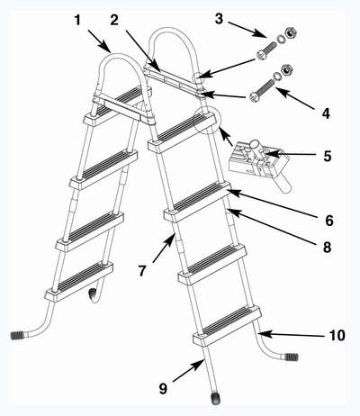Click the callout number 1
(77, 21)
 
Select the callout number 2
(114, 20)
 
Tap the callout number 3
(219, 19)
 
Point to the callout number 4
(326, 113)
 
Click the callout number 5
(328, 156)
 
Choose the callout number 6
(329, 221)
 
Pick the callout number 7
(142, 270)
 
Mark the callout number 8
(327, 247)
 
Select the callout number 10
(337, 335)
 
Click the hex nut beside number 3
(291, 32)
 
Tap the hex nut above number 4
(287, 70)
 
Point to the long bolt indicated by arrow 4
(262, 90)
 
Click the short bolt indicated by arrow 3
(266, 50)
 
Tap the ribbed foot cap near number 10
(292, 357)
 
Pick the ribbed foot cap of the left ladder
(17, 335)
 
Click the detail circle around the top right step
(207, 121)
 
